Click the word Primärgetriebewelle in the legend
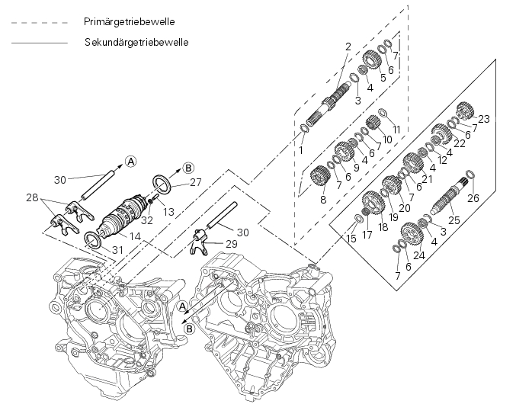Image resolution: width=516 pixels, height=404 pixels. tap(130, 23)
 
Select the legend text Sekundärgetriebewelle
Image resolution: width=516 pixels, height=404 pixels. tap(137, 43)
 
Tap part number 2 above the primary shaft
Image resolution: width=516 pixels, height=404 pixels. tap(348, 46)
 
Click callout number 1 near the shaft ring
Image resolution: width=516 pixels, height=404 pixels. tap(301, 150)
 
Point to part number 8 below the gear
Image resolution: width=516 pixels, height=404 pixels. tap(322, 200)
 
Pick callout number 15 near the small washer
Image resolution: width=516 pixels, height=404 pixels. tap(351, 239)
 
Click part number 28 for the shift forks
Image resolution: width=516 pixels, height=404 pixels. tap(31, 197)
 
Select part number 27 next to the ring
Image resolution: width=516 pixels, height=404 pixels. tap(197, 182)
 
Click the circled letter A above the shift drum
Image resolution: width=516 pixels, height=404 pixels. tap(130, 161)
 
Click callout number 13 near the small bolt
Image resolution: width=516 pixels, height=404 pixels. tap(169, 210)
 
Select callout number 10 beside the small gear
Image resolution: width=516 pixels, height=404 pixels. tap(387, 139)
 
